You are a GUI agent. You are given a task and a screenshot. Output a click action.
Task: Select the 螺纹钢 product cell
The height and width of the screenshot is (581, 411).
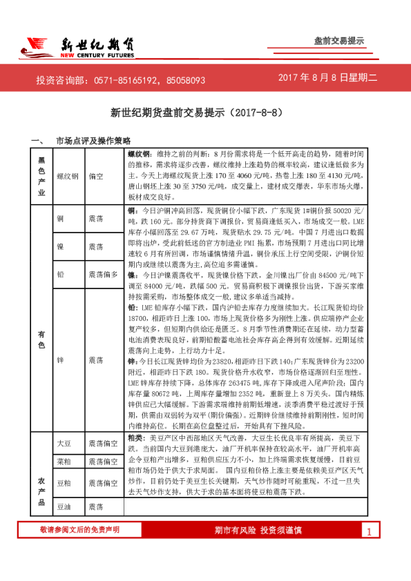tap(68, 177)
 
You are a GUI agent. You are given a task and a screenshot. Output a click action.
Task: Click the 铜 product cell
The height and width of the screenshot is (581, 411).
tap(61, 217)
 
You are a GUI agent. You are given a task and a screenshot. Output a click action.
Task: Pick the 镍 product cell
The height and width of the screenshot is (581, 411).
tap(61, 246)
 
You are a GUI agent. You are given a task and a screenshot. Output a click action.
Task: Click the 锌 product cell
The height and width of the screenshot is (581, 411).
tap(61, 360)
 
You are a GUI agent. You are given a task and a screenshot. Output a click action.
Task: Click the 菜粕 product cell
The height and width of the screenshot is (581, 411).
tap(64, 460)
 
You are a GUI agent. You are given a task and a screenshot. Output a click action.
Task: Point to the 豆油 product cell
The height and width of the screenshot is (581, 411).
tap(64, 506)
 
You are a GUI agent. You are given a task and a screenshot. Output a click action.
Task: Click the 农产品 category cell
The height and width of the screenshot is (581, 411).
tap(41, 483)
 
